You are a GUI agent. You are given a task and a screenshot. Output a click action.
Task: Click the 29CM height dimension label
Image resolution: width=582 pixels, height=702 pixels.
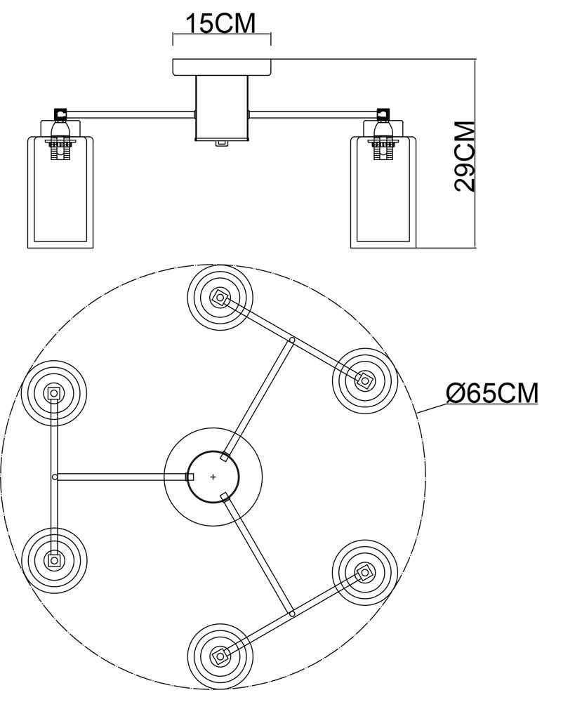click(465, 156)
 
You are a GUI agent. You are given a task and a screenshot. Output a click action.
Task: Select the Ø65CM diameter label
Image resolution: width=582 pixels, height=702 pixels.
click(492, 394)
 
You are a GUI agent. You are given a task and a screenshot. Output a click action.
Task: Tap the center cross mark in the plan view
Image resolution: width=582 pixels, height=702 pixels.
click(213, 477)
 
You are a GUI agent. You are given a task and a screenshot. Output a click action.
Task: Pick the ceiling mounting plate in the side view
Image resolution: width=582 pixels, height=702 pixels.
click(222, 67)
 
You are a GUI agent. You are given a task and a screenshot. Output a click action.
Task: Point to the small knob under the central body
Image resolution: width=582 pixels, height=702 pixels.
click(222, 143)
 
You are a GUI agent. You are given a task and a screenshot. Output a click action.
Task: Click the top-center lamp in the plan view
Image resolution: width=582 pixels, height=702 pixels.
click(220, 298)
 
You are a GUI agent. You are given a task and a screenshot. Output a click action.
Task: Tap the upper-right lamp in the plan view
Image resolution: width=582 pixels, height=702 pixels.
click(364, 380)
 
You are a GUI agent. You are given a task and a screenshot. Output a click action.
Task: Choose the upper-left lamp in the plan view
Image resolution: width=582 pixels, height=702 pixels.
click(53, 394)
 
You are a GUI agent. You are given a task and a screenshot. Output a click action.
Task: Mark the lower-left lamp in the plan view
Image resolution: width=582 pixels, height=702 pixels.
click(53, 560)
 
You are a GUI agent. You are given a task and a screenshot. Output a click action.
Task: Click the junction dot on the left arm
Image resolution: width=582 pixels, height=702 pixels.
click(55, 477)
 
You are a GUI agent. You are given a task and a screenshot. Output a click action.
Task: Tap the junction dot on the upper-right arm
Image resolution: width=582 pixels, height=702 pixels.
click(291, 340)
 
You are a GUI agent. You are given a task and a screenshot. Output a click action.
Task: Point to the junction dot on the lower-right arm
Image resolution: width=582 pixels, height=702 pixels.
click(291, 614)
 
